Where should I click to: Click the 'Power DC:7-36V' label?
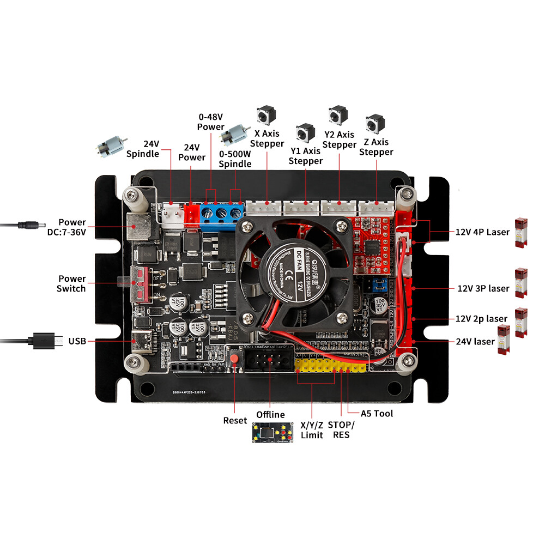click(x=72, y=227)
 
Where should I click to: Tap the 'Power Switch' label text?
click(x=71, y=283)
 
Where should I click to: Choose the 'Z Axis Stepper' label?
click(x=376, y=147)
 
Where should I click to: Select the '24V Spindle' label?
click(x=143, y=149)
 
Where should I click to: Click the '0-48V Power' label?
click(x=210, y=122)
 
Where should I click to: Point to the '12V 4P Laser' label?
click(x=482, y=232)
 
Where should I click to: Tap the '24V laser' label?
click(x=475, y=342)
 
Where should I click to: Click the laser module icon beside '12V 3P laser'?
click(x=522, y=283)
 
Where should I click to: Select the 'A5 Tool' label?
click(x=377, y=414)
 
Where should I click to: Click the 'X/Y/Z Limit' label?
click(x=312, y=429)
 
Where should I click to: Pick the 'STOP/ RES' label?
click(x=341, y=429)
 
